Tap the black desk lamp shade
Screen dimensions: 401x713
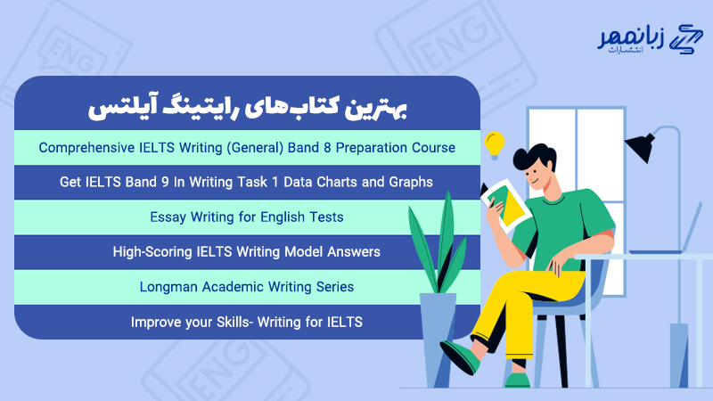[x=644, y=143]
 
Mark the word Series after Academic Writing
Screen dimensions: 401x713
[x=332, y=287]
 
